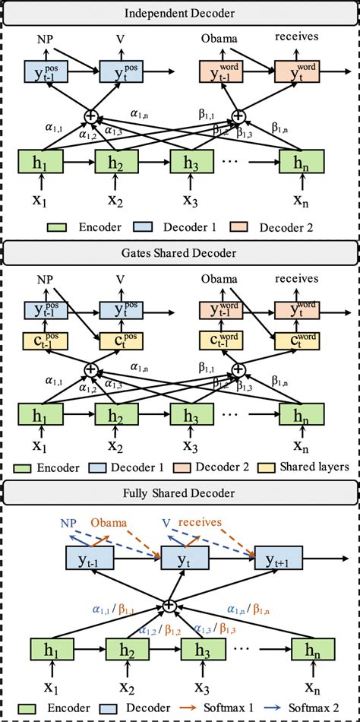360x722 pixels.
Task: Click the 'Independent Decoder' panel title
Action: click(x=180, y=13)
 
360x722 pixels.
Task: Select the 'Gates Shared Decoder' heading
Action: click(x=180, y=252)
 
